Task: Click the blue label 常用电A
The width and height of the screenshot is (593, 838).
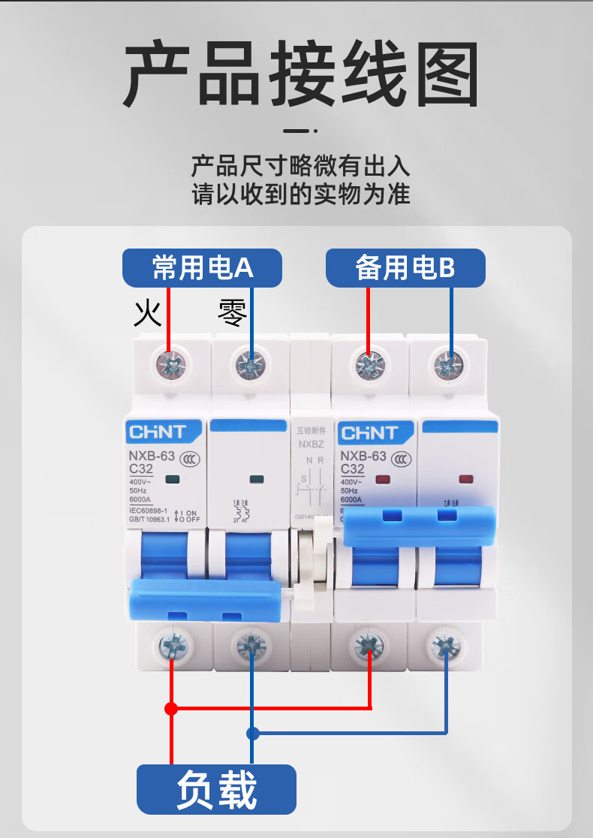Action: (x=203, y=268)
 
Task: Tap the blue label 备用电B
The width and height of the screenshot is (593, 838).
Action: (x=405, y=268)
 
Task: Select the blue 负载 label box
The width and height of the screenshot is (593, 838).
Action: (x=216, y=790)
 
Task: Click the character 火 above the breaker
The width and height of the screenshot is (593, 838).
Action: (x=148, y=313)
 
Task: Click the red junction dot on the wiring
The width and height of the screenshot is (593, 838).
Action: (x=171, y=708)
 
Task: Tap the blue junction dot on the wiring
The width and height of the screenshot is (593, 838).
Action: (x=253, y=733)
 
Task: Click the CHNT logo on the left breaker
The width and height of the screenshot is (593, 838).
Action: (x=157, y=433)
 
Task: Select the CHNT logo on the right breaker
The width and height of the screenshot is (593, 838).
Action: (x=369, y=433)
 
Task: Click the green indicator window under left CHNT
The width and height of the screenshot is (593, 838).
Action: (x=171, y=478)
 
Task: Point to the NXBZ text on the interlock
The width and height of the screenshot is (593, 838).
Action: (x=311, y=444)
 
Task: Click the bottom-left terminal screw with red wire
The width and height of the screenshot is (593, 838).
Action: (x=172, y=644)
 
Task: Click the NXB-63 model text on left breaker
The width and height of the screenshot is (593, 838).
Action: (x=152, y=455)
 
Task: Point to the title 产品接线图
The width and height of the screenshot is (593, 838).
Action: (x=300, y=75)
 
